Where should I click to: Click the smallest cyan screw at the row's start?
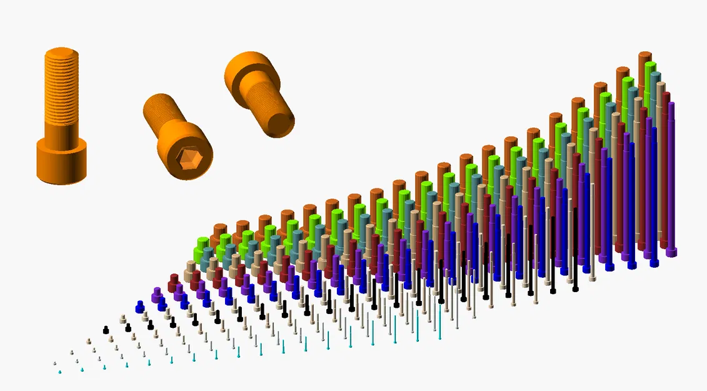(60, 372)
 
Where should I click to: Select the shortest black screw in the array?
(106, 330)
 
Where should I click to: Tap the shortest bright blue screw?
(140, 306)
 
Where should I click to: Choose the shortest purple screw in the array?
(157, 293)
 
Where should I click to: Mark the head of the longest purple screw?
(671, 251)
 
